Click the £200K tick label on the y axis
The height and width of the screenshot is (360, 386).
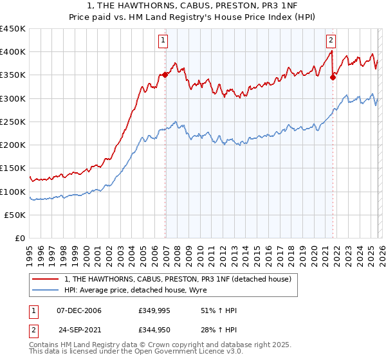click(13, 145)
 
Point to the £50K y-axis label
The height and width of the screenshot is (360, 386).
click(15, 215)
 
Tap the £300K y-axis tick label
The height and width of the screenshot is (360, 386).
click(13, 99)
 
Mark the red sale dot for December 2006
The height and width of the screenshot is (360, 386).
click(165, 75)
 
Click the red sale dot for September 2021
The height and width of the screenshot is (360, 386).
click(333, 77)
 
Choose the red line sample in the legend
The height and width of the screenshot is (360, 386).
click(46, 279)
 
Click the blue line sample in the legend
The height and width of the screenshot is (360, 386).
click(46, 290)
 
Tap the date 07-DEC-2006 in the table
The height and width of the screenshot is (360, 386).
click(78, 310)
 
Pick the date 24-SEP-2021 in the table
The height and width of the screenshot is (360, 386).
click(78, 330)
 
